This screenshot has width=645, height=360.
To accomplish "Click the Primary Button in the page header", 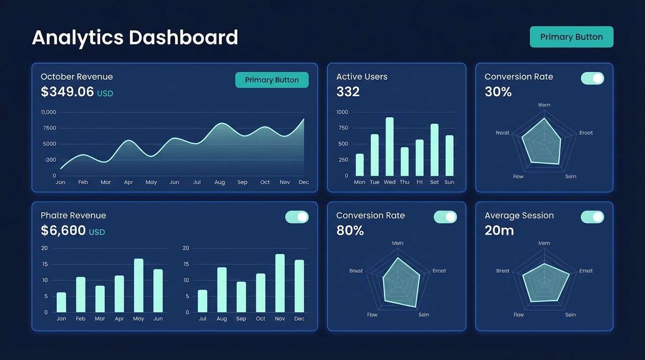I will [571, 37].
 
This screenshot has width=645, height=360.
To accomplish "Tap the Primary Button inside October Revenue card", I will [272, 80].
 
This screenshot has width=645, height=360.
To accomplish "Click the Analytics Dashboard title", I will [135, 37].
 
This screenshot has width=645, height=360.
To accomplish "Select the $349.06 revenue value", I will [67, 92].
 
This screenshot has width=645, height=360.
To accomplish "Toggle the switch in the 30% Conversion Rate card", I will [592, 78].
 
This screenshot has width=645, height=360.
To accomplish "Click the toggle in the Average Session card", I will [592, 217].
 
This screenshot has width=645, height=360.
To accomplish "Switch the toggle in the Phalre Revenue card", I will [297, 217].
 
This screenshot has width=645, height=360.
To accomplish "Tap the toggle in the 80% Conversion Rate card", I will [445, 217].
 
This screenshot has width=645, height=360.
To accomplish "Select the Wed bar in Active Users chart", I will [390, 146].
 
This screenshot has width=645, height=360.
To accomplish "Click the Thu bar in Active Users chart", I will [405, 161].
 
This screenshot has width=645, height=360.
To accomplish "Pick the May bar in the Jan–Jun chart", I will [138, 285].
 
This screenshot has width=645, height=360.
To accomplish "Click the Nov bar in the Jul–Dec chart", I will [280, 283].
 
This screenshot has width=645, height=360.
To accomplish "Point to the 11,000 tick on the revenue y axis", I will [49, 112].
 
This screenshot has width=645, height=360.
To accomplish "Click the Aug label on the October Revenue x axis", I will [219, 182].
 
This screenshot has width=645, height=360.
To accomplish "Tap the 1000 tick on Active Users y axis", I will [342, 112].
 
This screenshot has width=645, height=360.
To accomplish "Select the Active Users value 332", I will [348, 92].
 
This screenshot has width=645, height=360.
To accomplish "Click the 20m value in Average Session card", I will [499, 231].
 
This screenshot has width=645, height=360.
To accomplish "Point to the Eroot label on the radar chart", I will [586, 133].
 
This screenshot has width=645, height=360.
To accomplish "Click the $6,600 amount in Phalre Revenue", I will [63, 231].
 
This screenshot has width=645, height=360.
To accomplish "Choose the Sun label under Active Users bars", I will [449, 182].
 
